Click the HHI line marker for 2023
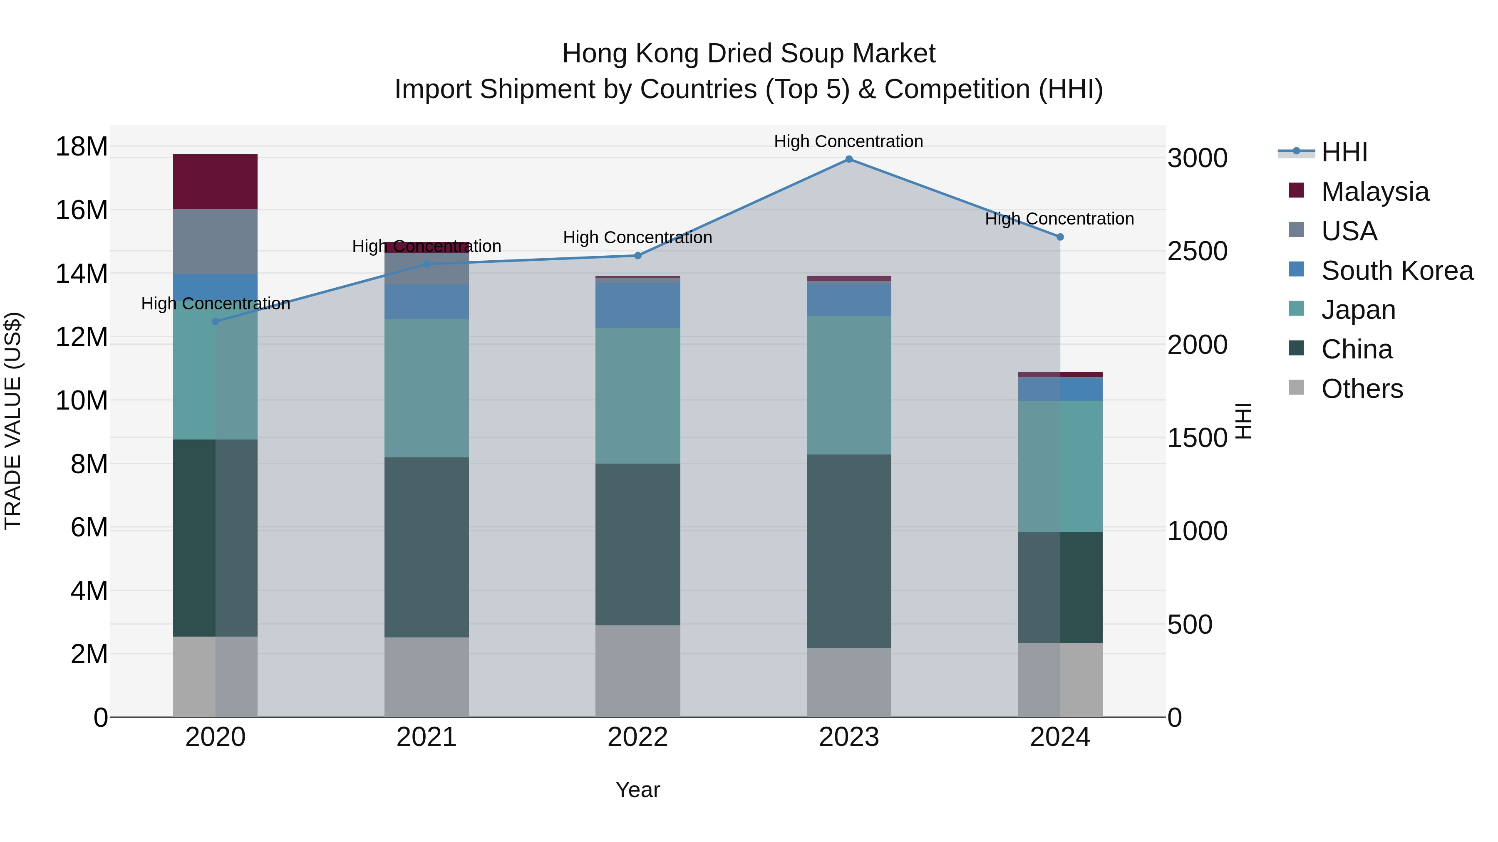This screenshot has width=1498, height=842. (848, 159)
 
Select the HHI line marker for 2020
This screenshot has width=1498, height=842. (215, 321)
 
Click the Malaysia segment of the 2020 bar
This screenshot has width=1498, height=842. (215, 181)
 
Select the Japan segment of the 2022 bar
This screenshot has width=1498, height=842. (637, 395)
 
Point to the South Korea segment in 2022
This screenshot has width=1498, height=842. (637, 305)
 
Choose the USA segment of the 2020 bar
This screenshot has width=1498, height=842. (215, 241)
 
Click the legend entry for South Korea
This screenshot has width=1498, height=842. (1397, 271)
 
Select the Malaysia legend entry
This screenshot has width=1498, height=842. (1375, 192)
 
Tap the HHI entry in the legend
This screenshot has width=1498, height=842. (1344, 152)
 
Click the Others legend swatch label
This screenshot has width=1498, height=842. (1362, 389)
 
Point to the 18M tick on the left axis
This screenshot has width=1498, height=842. (82, 146)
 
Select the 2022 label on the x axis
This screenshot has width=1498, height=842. (637, 737)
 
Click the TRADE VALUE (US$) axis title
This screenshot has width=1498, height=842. (13, 421)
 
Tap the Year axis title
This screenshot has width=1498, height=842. (637, 790)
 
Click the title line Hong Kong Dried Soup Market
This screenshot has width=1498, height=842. (749, 54)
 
